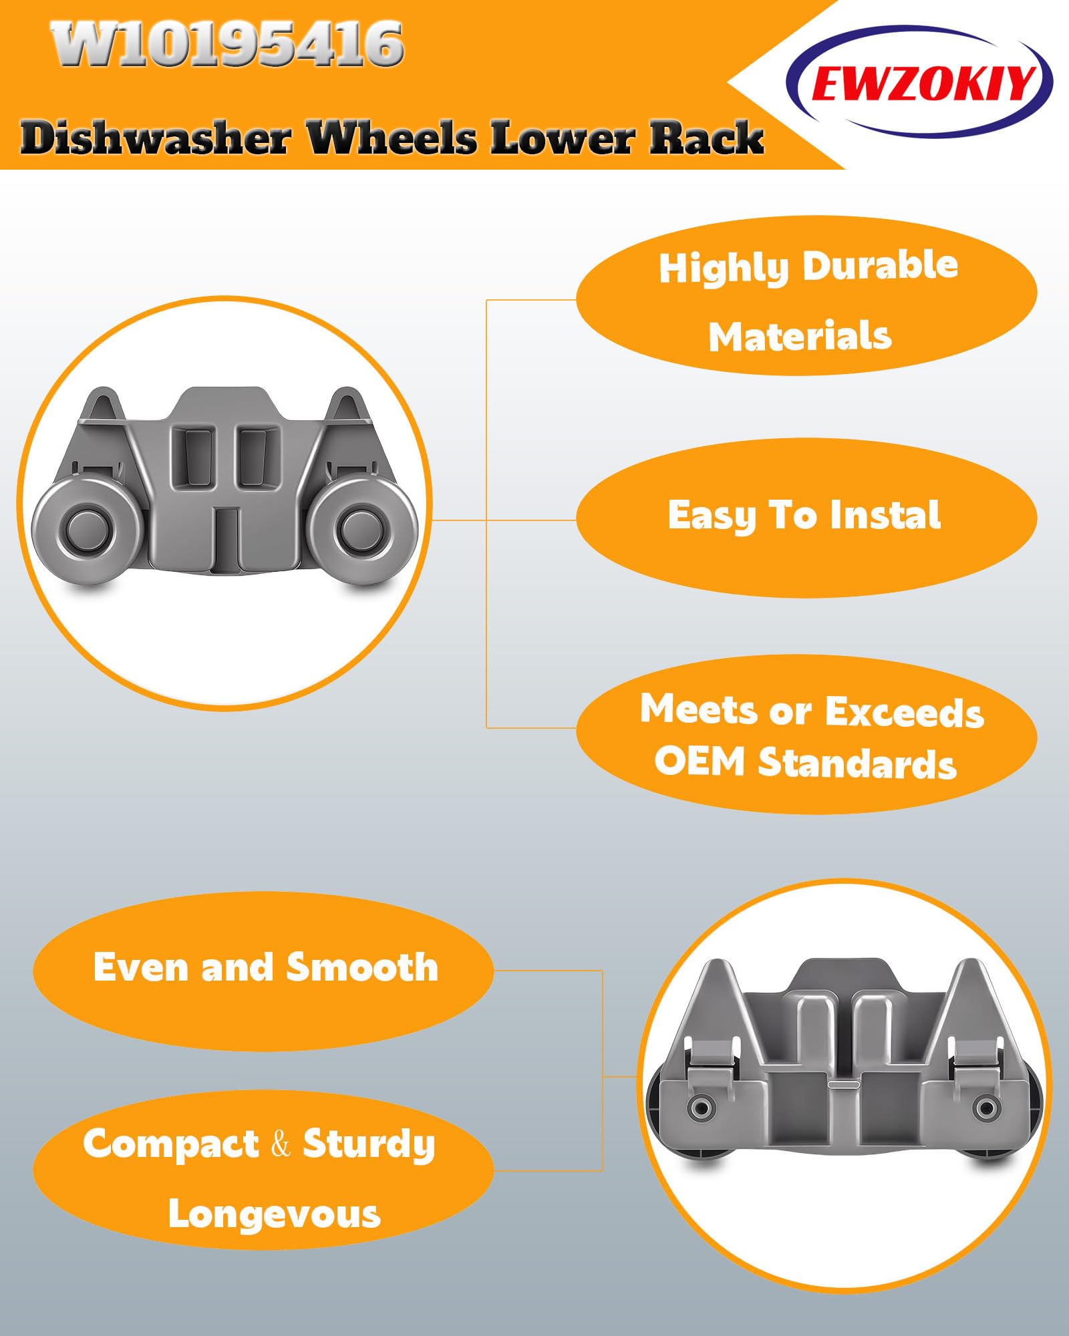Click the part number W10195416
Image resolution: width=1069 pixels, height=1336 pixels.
227,43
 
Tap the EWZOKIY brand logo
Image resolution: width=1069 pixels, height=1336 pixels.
920,82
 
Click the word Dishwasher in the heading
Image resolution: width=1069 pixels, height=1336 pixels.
156,138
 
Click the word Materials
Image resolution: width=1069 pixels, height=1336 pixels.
800,336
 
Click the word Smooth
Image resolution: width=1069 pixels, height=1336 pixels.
362,967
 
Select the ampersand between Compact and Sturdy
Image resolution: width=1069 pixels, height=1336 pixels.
281,1144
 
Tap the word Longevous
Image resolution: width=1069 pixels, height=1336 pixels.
275,1214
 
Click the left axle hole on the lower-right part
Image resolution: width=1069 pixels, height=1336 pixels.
701,1108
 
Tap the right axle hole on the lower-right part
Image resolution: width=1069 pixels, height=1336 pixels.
986,1108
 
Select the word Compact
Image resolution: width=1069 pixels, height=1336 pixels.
171,1146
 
